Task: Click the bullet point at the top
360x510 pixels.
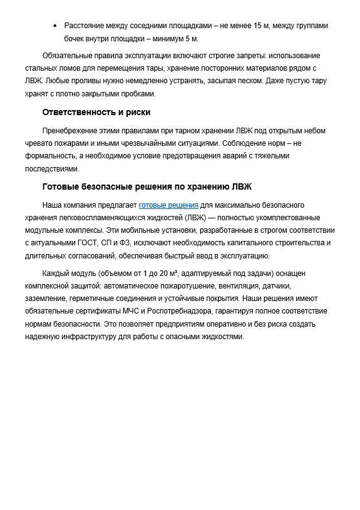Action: pos(55,26)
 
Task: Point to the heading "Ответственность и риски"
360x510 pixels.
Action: pos(96,112)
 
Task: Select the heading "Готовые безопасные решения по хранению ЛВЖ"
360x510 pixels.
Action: pos(147,186)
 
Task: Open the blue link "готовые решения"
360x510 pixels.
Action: pos(168,205)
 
